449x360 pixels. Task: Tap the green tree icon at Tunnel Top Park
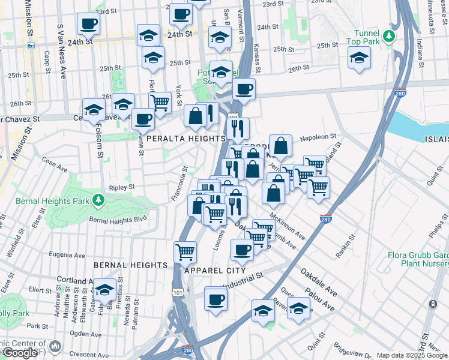389,37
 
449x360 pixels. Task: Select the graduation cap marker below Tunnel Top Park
359,58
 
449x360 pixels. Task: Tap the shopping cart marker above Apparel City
185,251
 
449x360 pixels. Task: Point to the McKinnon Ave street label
287,227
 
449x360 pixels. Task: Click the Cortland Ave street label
75,280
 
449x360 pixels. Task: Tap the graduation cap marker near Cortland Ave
104,290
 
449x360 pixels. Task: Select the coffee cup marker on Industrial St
215,298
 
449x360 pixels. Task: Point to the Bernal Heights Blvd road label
118,220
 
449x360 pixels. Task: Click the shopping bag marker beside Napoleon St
280,145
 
